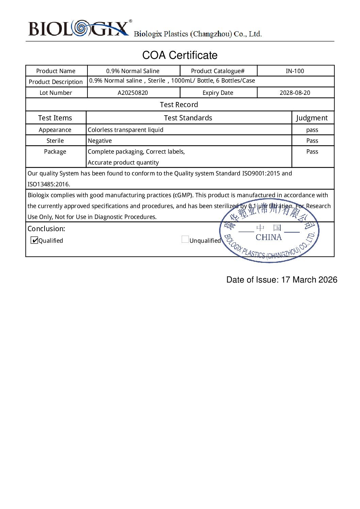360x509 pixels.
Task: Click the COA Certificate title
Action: pos(180,55)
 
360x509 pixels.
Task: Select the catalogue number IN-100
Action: pos(295,71)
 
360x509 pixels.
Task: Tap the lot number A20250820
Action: pos(133,93)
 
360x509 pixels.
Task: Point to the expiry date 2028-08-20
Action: pos(295,93)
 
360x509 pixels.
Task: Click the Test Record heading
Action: pos(179,105)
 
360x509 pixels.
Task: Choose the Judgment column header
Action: pos(312,118)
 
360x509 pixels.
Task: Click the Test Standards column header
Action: pos(188,118)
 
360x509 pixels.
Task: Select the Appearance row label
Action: pos(55,130)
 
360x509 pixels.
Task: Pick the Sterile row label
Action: pos(55,141)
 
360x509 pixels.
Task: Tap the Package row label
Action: pos(55,152)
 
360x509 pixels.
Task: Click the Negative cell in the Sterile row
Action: pos(100,141)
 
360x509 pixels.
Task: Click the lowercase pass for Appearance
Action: pos(312,130)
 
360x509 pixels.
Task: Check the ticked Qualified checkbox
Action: pos(34,240)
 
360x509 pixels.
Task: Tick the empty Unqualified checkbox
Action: pos(185,239)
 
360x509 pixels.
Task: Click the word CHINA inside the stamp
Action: pos(268,237)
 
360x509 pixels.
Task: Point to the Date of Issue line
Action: pos(282,280)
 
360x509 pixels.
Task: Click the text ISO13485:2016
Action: pos(49,184)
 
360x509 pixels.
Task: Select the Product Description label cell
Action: pos(56,82)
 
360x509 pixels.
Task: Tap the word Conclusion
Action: pos(46,229)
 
